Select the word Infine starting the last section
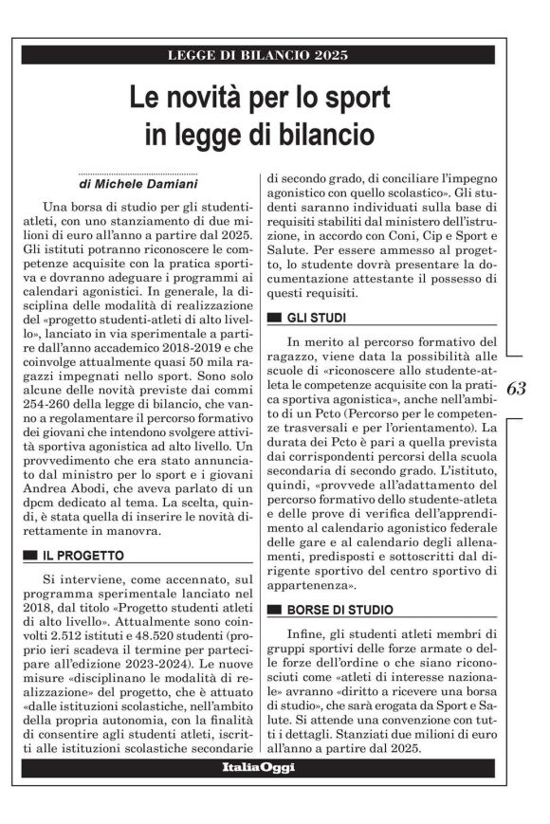pyautogui.click(x=310, y=632)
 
